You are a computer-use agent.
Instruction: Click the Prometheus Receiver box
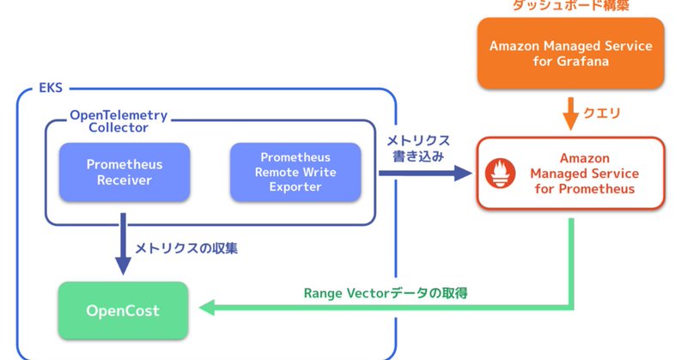pos(124,172)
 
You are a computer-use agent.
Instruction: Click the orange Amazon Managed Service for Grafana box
pos(569,54)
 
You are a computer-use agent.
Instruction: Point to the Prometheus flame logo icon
pos(500,173)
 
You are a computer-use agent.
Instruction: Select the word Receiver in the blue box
pos(124,180)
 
